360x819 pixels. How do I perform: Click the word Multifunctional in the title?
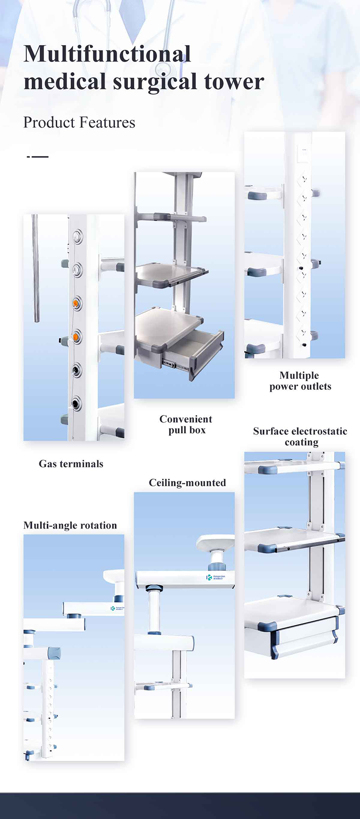pos(107,54)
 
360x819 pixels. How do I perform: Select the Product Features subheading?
pos(79,122)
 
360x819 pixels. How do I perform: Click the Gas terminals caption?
pos(71,464)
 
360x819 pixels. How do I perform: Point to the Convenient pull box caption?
pos(186,424)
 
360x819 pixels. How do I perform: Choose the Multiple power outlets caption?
pos(300,381)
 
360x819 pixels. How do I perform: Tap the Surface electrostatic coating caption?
pos(300,436)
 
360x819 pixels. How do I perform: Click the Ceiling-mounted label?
pos(187,483)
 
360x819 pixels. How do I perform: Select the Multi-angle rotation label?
pos(70,525)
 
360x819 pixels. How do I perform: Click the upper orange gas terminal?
pos(76,303)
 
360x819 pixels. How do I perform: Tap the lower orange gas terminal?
pos(76,337)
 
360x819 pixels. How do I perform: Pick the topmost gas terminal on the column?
pos(76,236)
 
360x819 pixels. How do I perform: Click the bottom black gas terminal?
pos(76,403)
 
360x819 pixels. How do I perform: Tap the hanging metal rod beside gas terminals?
pos(36,269)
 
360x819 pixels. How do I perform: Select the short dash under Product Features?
pos(38,157)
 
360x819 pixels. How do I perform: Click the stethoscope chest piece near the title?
pos(163,55)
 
